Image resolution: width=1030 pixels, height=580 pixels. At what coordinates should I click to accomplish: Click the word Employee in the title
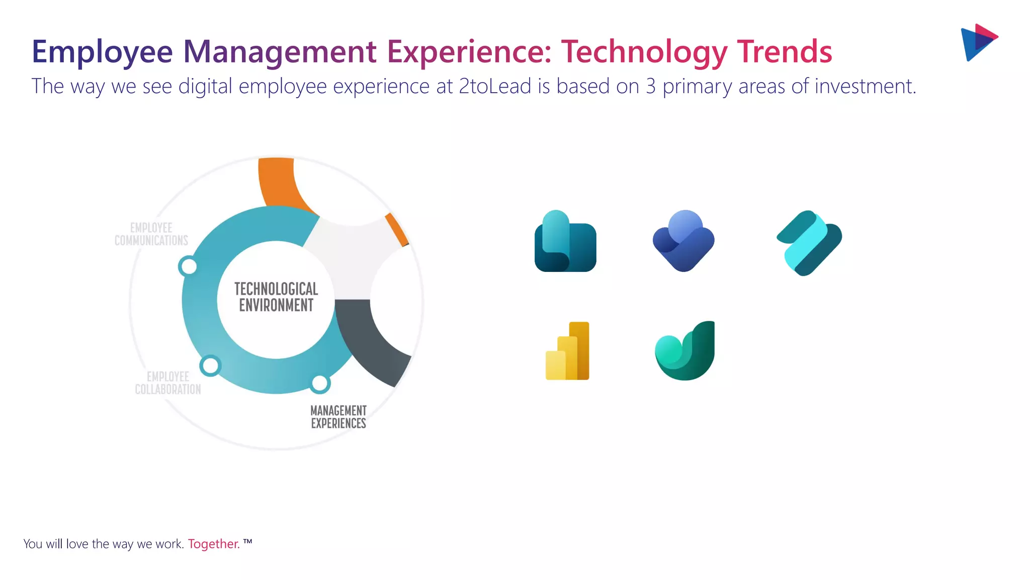tap(102, 52)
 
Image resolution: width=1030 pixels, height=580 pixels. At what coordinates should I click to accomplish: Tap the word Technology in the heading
tap(644, 52)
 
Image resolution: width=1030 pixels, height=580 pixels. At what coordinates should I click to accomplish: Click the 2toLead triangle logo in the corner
tap(978, 43)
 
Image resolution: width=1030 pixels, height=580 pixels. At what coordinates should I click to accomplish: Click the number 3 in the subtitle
tap(651, 87)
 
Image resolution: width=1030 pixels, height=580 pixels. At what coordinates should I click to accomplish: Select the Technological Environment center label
tap(276, 297)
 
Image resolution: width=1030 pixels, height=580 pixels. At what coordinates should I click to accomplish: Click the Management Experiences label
tap(338, 417)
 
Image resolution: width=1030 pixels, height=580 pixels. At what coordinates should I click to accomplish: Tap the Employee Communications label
tap(151, 234)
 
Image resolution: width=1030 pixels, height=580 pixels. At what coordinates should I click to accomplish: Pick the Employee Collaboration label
tap(168, 383)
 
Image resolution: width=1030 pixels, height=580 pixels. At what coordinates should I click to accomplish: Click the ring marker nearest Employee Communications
tap(188, 266)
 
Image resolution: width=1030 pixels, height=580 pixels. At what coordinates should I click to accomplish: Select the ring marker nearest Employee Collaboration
tap(210, 366)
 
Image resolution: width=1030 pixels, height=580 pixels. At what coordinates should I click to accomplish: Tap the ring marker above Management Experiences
tap(319, 384)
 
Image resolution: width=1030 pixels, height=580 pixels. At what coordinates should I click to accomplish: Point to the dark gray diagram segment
tap(372, 342)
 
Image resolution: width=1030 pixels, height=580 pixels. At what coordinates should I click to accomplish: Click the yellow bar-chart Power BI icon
tap(568, 351)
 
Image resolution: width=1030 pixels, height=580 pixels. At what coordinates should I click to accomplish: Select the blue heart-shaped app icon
tap(683, 242)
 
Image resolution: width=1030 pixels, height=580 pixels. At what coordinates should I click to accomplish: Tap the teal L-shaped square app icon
tap(565, 242)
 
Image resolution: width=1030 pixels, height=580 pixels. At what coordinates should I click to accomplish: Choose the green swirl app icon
tap(685, 351)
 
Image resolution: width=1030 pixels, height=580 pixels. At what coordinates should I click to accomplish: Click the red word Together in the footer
tap(213, 544)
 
